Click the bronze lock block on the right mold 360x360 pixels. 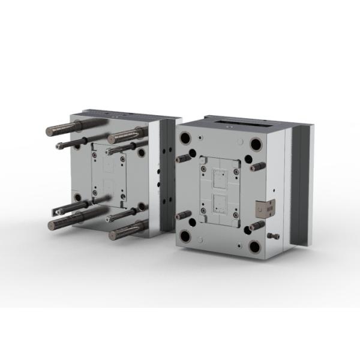tap(264, 208)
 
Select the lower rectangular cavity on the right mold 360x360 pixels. tap(221, 205)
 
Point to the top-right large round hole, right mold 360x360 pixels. tap(256, 145)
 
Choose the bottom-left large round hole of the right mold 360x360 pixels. tap(185, 236)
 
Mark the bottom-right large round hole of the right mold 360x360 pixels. tap(256, 246)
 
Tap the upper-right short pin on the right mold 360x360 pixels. tap(259, 166)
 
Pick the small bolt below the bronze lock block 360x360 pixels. tap(274, 236)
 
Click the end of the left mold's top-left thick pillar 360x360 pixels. tap(51, 130)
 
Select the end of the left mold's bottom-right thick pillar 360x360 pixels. tap(112, 235)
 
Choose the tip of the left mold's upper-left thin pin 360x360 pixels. tap(58, 145)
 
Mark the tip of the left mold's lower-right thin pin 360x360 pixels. tap(109, 220)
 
